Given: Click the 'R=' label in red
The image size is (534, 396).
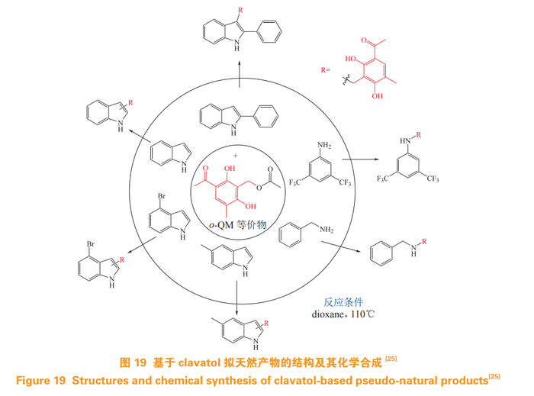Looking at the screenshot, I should pyautogui.click(x=325, y=69).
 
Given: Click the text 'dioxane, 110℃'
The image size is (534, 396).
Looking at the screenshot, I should pyautogui.click(x=342, y=313).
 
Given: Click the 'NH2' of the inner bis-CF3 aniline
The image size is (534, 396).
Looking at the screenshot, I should pyautogui.click(x=325, y=143).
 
